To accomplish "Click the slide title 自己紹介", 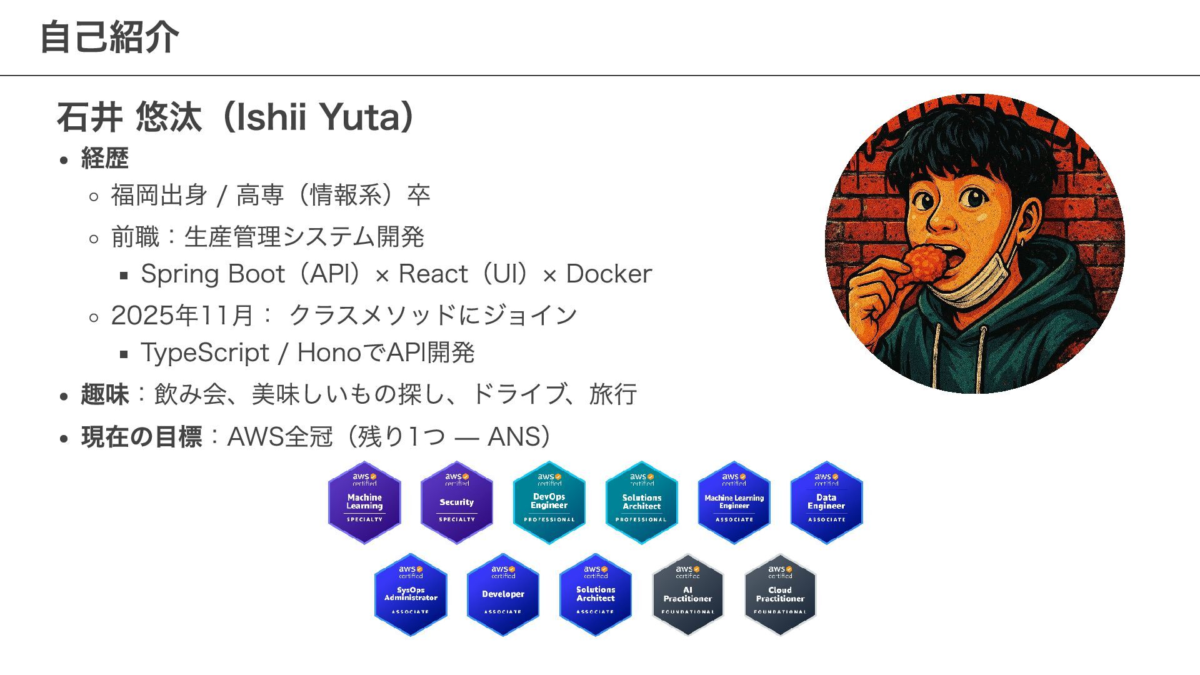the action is click(109, 37).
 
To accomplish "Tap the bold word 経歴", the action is click(104, 158).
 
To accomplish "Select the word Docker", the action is click(608, 274).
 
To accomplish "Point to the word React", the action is click(433, 274).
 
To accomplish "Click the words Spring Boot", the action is click(212, 274).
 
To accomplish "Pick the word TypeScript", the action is click(204, 352).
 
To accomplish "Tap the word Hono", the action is click(329, 352).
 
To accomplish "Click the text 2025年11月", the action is click(182, 315).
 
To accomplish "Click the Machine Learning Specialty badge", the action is click(364, 502).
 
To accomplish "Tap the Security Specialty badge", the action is click(457, 502).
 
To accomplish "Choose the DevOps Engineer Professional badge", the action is click(549, 502).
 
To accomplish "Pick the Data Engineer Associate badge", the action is click(826, 502).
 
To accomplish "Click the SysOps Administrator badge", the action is click(411, 594).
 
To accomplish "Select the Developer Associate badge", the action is click(503, 594).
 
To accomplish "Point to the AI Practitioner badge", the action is click(687, 594).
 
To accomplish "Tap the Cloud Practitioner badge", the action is click(780, 594).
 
